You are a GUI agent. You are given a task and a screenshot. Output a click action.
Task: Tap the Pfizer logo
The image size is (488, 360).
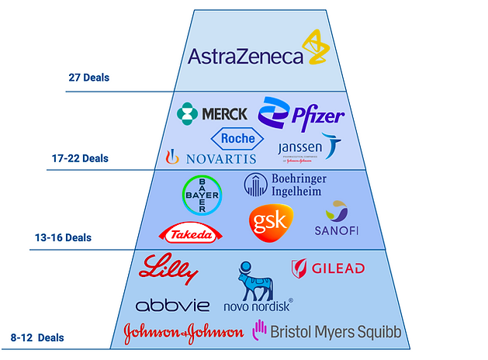tap(302, 115)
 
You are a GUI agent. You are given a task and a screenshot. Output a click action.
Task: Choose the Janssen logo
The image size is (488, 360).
tap(310, 147)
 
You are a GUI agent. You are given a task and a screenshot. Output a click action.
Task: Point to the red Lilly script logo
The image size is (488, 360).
tap(169, 271)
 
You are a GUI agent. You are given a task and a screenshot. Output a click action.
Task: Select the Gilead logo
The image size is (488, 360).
tap(327, 268)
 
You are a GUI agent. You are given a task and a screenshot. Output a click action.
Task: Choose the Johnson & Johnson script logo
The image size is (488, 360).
tap(183, 332)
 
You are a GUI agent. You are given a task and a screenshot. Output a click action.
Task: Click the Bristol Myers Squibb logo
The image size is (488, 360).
tap(327, 332)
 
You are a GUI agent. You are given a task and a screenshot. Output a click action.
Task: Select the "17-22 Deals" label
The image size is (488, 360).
tap(80, 158)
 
